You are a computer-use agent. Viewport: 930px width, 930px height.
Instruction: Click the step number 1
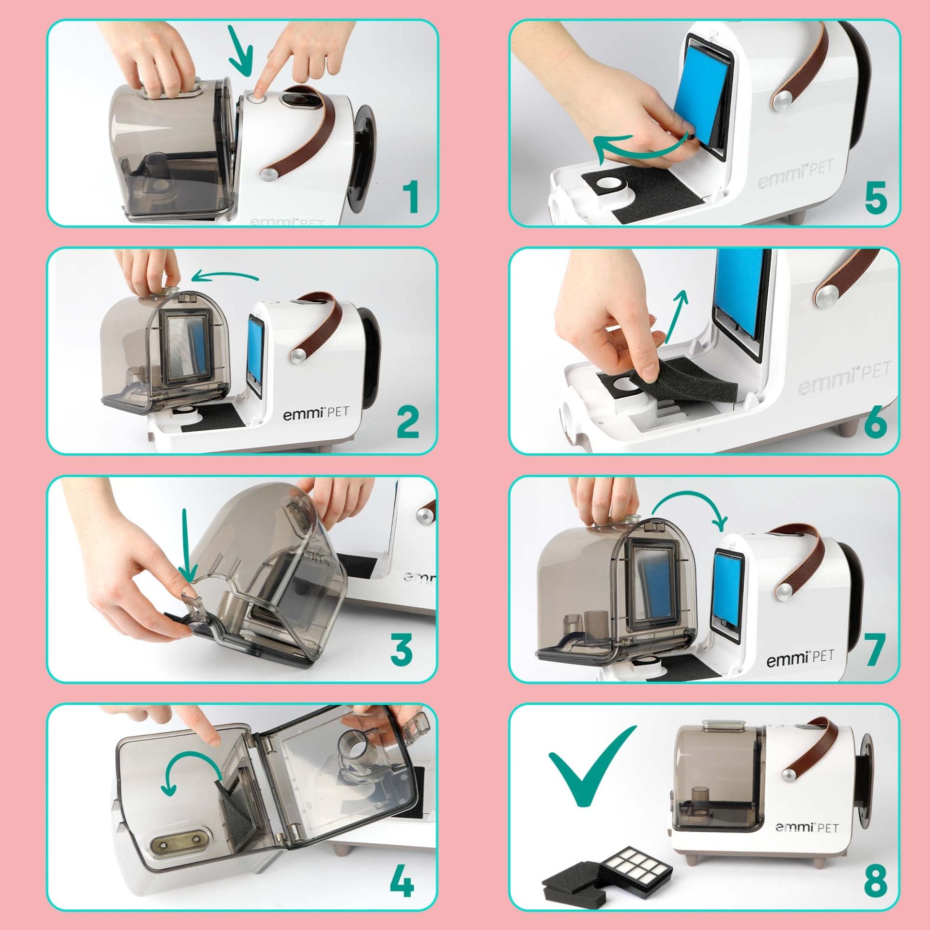(410, 196)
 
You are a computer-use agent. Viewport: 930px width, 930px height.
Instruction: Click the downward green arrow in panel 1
(241, 51)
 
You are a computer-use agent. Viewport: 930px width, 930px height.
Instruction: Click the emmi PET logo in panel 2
(315, 414)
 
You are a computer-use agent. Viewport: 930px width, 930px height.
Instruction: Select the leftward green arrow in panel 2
(225, 277)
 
